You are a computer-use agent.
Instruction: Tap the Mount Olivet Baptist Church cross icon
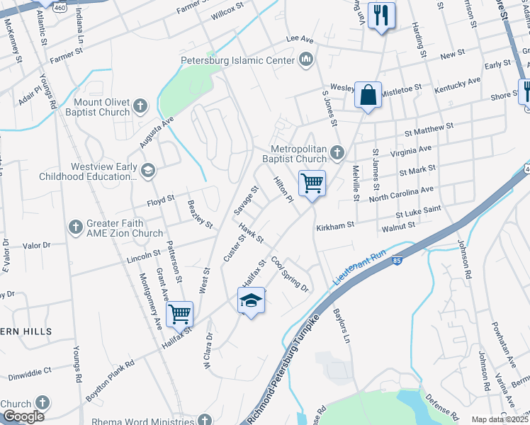click(140, 106)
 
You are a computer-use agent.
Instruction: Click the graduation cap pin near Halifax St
click(251, 301)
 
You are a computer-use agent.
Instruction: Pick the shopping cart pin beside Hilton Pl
click(312, 183)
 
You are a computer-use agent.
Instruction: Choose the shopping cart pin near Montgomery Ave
click(180, 312)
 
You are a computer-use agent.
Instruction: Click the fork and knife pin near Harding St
click(382, 15)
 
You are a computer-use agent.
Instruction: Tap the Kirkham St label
click(336, 225)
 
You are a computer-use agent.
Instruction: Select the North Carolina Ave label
click(401, 195)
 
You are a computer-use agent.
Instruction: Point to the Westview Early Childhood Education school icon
click(148, 169)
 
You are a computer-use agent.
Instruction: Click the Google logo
click(23, 416)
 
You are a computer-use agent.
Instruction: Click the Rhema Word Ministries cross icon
click(205, 419)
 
